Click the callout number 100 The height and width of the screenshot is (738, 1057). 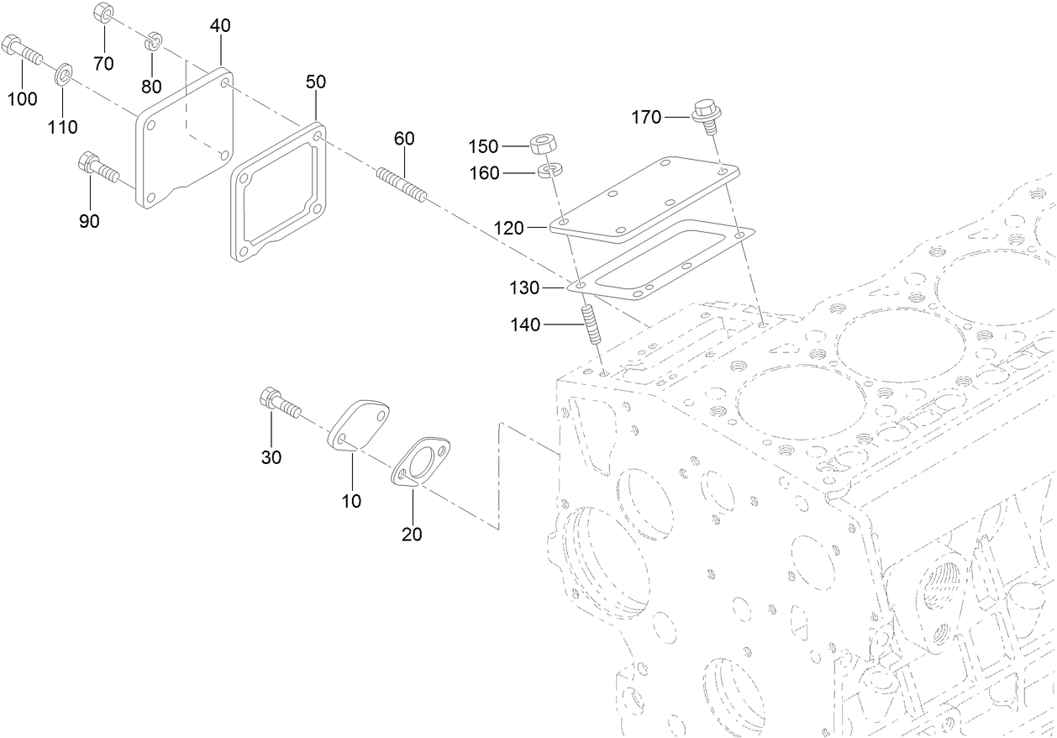pyautogui.click(x=22, y=99)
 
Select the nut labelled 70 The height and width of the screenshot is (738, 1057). pyautogui.click(x=103, y=13)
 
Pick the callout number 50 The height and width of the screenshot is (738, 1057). pyautogui.click(x=316, y=82)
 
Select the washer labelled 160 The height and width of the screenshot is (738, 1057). pyautogui.click(x=547, y=172)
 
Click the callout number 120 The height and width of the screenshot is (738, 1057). pyautogui.click(x=509, y=228)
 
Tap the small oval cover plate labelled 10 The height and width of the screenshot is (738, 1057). pyautogui.click(x=358, y=427)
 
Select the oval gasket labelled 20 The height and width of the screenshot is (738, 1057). pyautogui.click(x=421, y=461)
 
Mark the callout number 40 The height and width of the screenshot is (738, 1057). pyautogui.click(x=219, y=26)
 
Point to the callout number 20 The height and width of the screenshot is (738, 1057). pyautogui.click(x=412, y=534)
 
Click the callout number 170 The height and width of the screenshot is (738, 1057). pyautogui.click(x=646, y=118)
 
